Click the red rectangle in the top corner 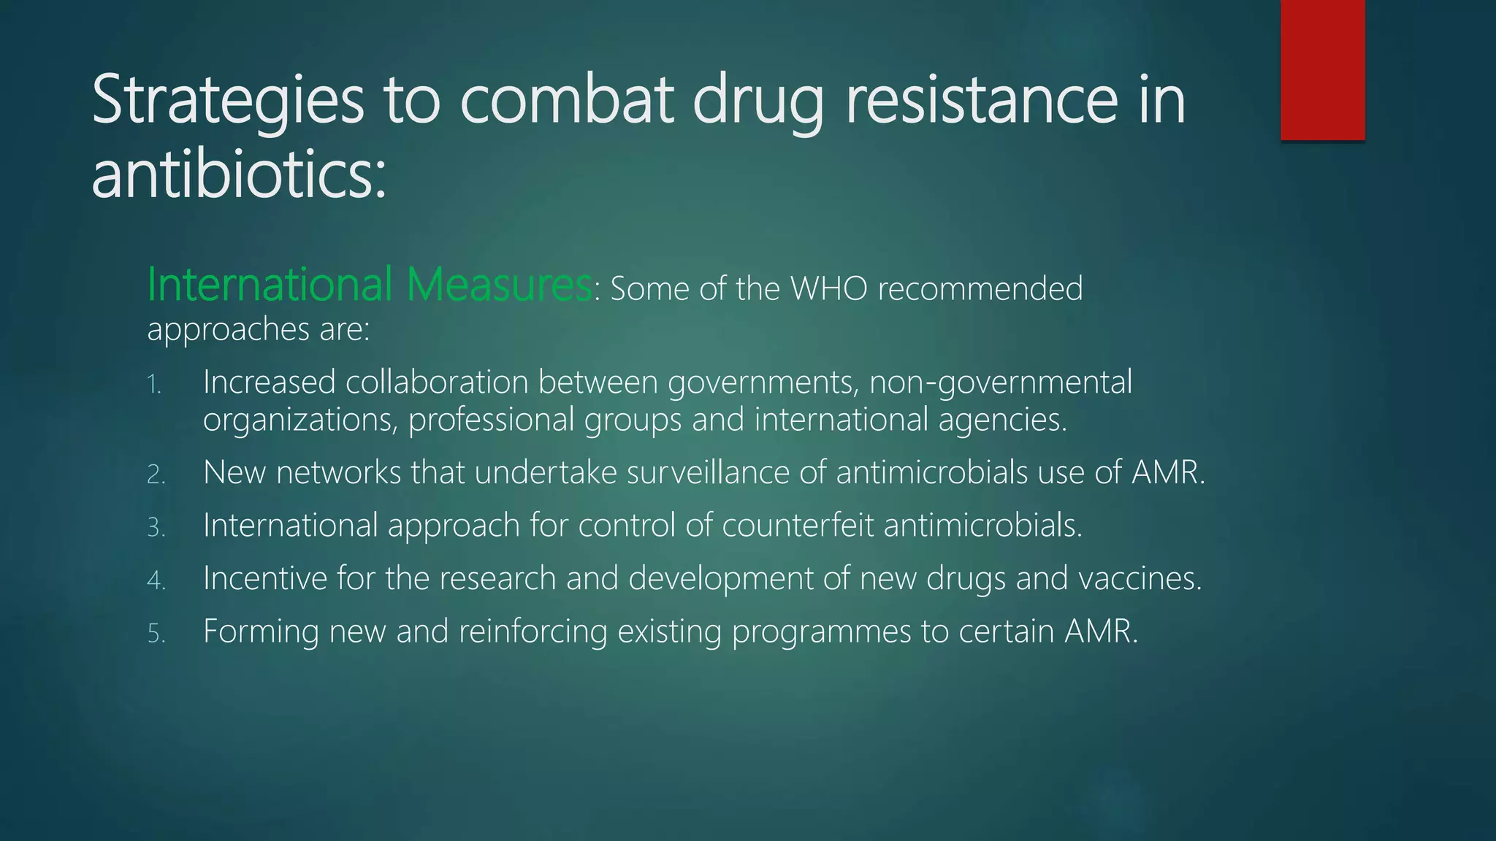tap(1322, 69)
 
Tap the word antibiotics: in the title tap(239, 175)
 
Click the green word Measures tap(498, 285)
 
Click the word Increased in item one tap(269, 383)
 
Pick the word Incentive tap(264, 579)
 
